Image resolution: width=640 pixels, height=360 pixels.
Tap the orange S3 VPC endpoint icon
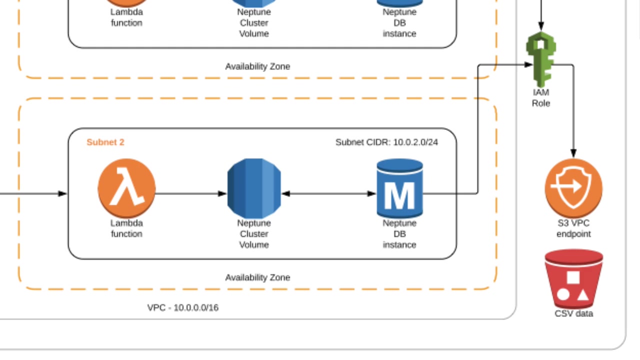coord(573,188)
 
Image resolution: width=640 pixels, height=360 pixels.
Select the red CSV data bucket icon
coord(573,279)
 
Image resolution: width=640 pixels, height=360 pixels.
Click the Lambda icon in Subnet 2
coord(126,188)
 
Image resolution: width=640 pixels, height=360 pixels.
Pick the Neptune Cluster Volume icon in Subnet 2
coord(254,188)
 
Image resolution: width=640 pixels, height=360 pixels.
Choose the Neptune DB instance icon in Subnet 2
coord(399,188)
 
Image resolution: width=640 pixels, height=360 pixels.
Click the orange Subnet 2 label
coord(105,142)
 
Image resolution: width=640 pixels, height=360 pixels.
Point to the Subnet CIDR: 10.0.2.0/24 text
coord(386,142)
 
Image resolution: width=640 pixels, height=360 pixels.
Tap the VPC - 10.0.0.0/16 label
coord(182,308)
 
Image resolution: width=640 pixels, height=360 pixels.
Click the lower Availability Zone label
coord(257,277)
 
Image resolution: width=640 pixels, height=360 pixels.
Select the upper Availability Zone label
coord(257,66)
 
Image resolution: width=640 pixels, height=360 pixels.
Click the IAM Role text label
coord(541,98)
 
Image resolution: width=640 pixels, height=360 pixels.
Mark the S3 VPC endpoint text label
coord(573,228)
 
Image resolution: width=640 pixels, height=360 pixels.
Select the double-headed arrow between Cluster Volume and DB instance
coord(329,193)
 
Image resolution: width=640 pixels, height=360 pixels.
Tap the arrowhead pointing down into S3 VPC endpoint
coord(573,153)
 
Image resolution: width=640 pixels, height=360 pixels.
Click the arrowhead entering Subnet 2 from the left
coord(62,193)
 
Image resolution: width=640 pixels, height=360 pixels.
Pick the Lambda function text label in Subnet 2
coord(126,228)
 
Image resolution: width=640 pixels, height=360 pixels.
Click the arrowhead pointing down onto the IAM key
coord(541,26)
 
